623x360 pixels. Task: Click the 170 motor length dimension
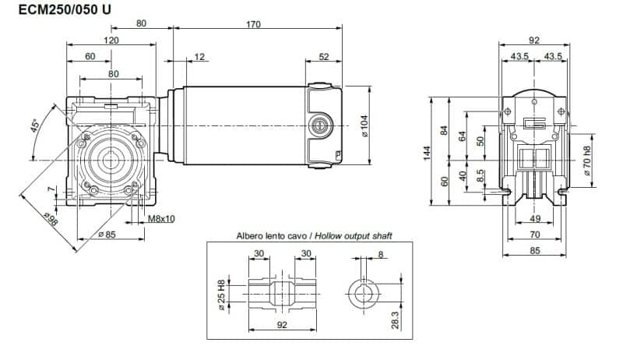pos(254,24)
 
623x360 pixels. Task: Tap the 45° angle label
pos(37,126)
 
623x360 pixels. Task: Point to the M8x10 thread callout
pos(161,219)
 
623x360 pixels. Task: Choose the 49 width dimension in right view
pos(533,219)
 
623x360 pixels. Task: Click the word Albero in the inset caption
pos(251,235)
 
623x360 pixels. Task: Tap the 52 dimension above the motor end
pos(324,56)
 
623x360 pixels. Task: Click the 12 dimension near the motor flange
pos(200,56)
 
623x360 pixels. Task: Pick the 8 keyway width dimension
pos(380,254)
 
